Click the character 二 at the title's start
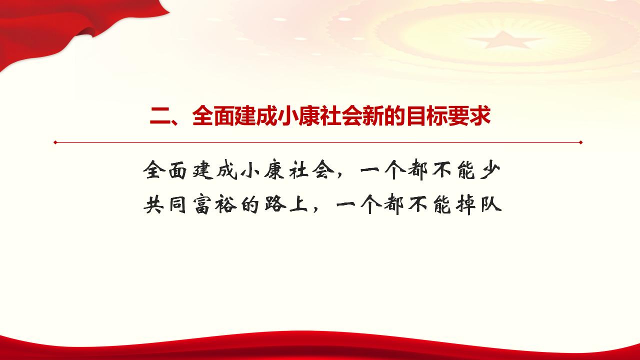160,117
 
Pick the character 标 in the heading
432,117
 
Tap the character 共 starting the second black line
153,204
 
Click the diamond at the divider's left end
55,142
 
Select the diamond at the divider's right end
580,142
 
